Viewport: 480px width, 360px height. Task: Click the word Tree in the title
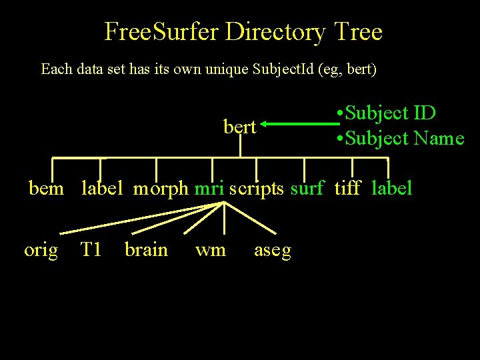point(358,31)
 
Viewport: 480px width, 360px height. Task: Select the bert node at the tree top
point(239,127)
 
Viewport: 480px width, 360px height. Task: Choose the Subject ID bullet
point(387,113)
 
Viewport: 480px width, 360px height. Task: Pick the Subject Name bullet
point(400,138)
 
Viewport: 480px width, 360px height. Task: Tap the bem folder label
point(47,188)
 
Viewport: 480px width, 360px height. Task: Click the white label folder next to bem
point(102,188)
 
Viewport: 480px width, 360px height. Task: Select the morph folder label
point(161,188)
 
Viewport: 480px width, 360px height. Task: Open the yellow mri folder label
point(209,188)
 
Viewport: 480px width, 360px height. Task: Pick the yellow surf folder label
point(307,188)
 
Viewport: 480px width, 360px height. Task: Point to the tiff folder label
point(347,188)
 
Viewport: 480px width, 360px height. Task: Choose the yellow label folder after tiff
point(392,188)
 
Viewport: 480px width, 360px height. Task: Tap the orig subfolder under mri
point(41,250)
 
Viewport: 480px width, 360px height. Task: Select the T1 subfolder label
point(91,250)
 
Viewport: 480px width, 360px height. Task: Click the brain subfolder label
point(146,250)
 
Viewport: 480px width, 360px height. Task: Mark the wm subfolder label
point(211,251)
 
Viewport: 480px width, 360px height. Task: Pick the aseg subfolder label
point(273,251)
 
